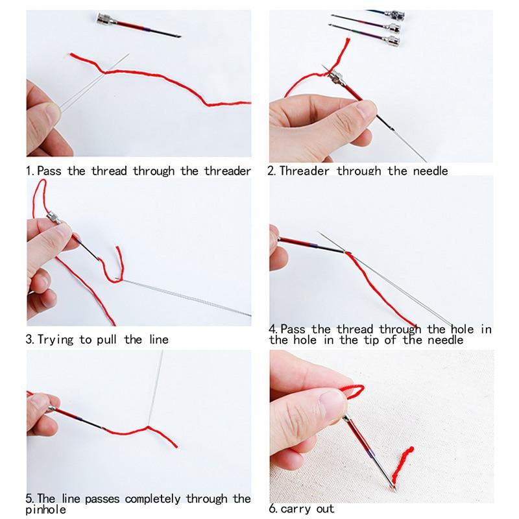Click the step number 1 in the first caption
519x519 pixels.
click(29, 171)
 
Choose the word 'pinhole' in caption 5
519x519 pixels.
click(46, 510)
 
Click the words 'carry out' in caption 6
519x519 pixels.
click(309, 509)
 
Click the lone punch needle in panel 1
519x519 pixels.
click(136, 25)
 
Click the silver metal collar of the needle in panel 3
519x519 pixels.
click(54, 217)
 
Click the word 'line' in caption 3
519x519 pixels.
click(155, 339)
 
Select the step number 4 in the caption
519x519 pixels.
click(273, 330)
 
